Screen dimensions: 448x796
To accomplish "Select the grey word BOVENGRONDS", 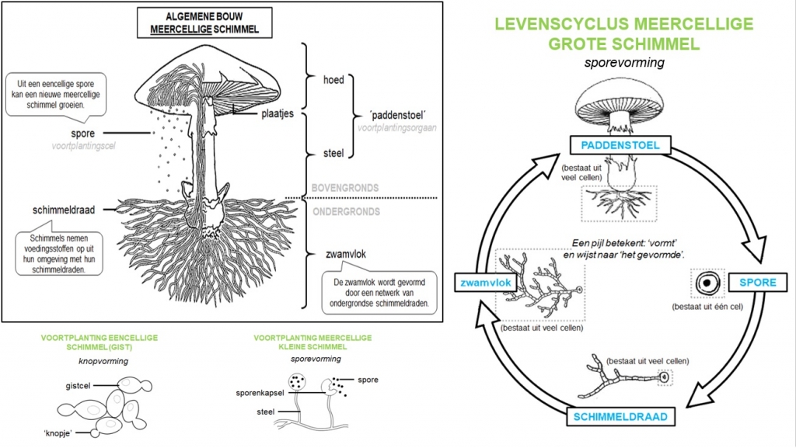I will click(345, 188).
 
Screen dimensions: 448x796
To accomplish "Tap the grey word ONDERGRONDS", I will click(345, 211).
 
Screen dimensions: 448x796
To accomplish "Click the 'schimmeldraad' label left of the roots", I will click(67, 209).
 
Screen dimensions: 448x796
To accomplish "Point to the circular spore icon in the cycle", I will click(707, 283).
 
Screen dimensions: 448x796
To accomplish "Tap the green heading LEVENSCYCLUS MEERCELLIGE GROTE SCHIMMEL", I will click(624, 34).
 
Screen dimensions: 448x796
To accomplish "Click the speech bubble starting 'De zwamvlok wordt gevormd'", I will click(379, 290).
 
